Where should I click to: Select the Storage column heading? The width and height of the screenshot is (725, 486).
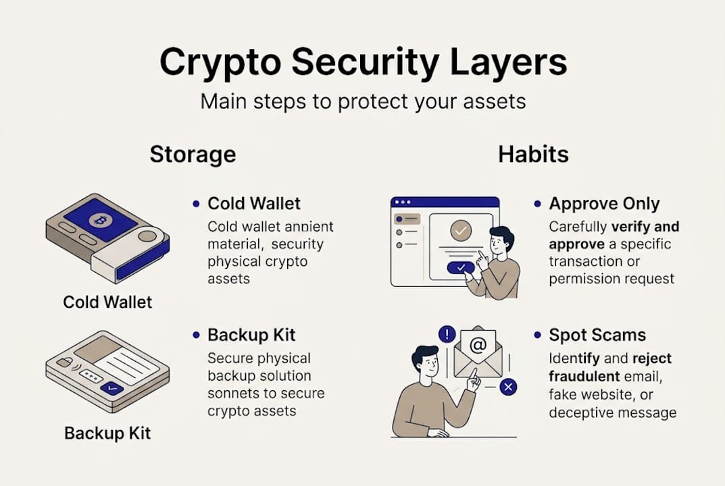(193, 154)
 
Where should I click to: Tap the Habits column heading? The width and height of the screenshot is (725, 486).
(533, 154)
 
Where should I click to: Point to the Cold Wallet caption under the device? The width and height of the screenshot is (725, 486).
(108, 301)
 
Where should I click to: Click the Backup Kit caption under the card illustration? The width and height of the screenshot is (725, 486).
(108, 432)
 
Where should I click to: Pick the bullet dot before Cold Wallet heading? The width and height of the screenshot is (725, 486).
(196, 203)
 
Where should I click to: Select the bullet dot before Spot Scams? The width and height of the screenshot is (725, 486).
(537, 335)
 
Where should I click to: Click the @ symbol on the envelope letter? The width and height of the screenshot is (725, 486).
(478, 346)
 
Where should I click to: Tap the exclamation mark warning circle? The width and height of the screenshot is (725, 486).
(447, 333)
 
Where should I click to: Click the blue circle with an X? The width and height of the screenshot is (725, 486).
(508, 387)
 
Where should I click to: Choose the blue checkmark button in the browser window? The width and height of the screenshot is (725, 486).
(460, 267)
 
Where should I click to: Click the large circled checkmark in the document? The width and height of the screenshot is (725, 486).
(460, 232)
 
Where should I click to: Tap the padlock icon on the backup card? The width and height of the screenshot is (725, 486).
(66, 363)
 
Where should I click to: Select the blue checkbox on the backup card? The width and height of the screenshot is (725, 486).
(110, 388)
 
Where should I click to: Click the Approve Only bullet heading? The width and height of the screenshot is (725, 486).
(604, 204)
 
